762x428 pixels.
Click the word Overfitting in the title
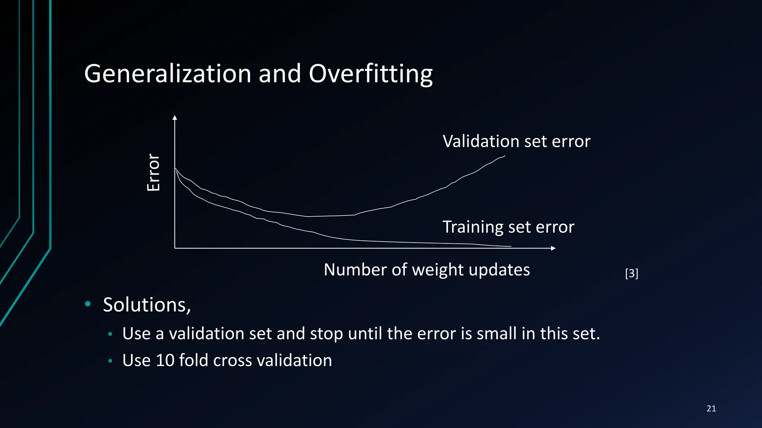point(371,74)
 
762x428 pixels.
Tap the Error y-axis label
point(153,172)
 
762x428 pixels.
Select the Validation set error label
point(516,142)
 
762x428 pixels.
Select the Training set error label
point(508,227)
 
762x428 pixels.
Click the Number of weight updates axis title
point(427,270)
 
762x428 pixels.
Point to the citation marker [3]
point(631,273)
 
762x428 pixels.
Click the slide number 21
point(711,409)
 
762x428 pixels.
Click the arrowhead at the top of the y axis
point(175,118)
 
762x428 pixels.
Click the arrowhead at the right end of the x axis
point(553,248)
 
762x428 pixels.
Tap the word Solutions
point(147,305)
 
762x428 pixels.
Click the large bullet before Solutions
point(88,304)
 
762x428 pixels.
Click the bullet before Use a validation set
point(110,334)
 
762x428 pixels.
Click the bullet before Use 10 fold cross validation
point(110,361)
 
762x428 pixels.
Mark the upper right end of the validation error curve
point(504,156)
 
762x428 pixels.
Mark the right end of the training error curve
point(510,246)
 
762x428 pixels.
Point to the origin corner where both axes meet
point(175,248)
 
